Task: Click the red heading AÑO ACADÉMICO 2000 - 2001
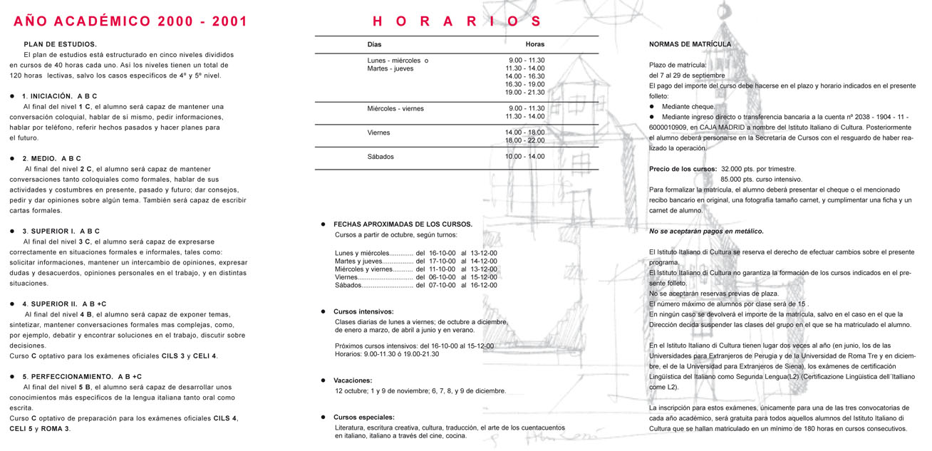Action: coord(130,21)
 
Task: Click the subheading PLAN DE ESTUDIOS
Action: coord(60,44)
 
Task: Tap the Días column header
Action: coord(374,44)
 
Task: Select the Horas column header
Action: coord(534,44)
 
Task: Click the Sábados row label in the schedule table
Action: coord(380,157)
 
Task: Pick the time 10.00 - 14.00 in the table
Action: coord(524,157)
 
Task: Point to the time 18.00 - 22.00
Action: coord(524,140)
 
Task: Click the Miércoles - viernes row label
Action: coord(395,109)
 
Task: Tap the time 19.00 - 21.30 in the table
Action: coord(524,93)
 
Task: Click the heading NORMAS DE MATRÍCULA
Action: coord(690,44)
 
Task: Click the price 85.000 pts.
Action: coord(741,180)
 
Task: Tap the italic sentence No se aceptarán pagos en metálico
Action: coord(706,232)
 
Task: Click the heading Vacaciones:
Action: coord(353,380)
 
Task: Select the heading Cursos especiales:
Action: coord(363,417)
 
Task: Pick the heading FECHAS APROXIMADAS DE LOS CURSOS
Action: coord(403,224)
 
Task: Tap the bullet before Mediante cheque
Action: coord(651,107)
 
